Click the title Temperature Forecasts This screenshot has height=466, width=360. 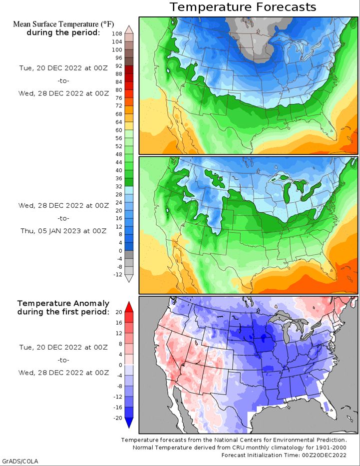click(243, 7)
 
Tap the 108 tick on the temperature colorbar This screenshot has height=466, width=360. click(117, 33)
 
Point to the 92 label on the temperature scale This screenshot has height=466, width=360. click(118, 66)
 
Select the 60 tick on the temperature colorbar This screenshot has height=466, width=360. click(118, 130)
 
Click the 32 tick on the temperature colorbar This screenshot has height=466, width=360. click(118, 186)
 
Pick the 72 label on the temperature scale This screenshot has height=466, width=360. click(118, 105)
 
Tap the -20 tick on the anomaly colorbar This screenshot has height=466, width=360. click(118, 418)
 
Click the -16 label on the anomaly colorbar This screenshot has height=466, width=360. click(118, 407)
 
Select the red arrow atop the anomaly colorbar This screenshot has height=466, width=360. click(129, 307)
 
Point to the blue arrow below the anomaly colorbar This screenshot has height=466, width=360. click(129, 423)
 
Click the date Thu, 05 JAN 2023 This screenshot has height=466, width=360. click(50, 231)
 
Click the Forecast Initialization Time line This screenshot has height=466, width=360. click(284, 455)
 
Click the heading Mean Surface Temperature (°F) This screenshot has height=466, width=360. click(63, 24)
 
